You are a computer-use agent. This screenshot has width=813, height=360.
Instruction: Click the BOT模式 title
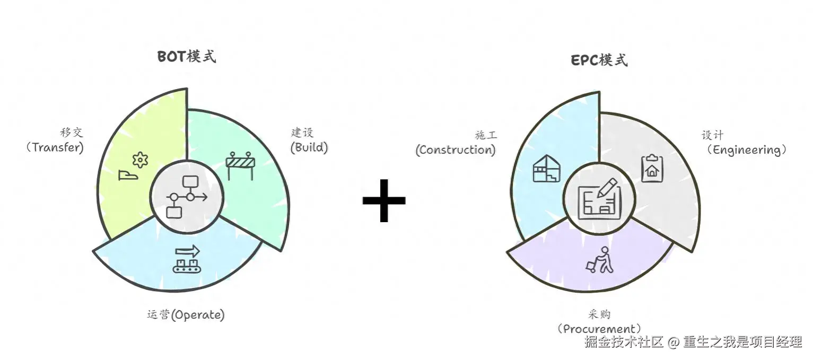click(187, 57)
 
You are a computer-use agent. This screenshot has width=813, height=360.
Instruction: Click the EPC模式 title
click(599, 60)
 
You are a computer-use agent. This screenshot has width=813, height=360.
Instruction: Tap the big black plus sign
click(384, 200)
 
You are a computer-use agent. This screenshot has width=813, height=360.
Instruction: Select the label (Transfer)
click(55, 147)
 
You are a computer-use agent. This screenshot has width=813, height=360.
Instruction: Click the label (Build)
click(309, 147)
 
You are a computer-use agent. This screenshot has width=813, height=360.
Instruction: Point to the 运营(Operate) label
click(186, 314)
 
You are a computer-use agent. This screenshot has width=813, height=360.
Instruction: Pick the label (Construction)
click(456, 150)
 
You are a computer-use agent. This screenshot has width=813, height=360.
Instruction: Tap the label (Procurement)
click(599, 329)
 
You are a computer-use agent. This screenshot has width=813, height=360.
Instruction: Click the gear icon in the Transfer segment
click(139, 159)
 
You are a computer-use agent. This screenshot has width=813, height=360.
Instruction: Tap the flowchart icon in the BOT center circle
click(187, 197)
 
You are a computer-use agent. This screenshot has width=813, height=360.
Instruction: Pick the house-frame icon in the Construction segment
click(546, 169)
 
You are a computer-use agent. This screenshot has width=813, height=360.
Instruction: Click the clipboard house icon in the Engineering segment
click(652, 168)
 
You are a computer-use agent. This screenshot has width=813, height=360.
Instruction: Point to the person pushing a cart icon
click(600, 260)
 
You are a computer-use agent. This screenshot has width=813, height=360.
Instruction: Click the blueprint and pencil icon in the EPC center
click(599, 198)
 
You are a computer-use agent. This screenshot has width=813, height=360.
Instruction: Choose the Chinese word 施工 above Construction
click(486, 136)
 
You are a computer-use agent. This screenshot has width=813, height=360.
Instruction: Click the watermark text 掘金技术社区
click(624, 342)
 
